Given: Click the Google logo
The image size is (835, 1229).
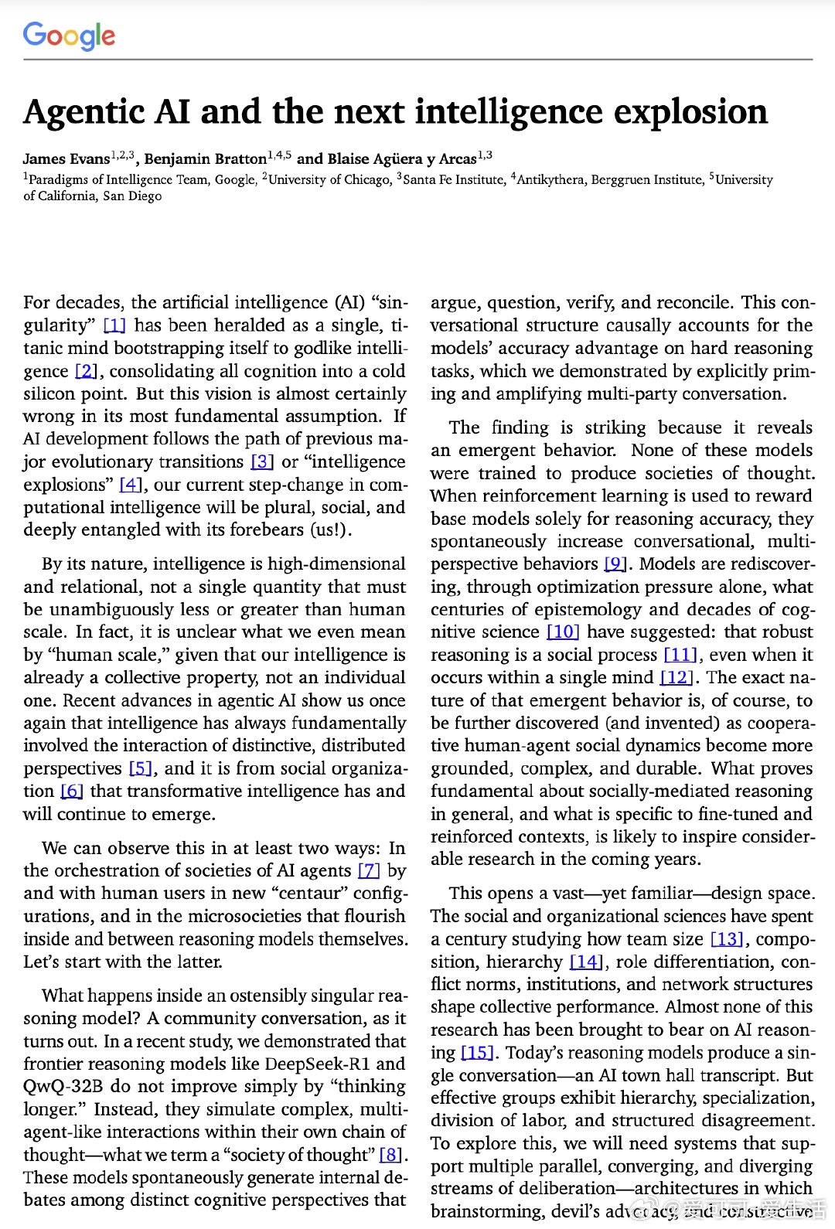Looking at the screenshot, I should [69, 36].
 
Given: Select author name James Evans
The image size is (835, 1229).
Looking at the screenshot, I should [66, 159].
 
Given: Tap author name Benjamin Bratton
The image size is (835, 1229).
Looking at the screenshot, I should [205, 159].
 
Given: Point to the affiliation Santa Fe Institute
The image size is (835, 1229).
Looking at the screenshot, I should [452, 179].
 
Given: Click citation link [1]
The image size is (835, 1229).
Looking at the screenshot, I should [114, 325].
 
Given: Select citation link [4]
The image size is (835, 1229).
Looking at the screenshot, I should [131, 485].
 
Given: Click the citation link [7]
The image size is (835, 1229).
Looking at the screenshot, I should [369, 870].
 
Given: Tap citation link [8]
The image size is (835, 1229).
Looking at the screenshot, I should [390, 1155].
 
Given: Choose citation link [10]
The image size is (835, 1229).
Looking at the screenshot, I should [563, 632].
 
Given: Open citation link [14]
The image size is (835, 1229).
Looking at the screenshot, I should [585, 962].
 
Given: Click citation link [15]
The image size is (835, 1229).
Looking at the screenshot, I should [476, 1053].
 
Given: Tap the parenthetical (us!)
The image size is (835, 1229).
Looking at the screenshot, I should [329, 530].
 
